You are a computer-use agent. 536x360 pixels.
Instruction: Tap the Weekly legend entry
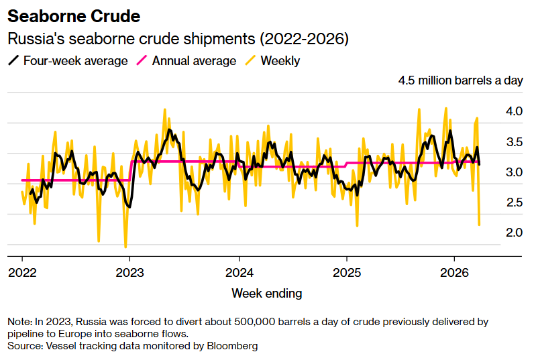tap(280, 61)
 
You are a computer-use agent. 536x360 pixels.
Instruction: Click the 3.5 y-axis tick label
tap(514, 142)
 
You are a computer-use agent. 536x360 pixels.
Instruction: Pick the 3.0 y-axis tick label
tap(514, 172)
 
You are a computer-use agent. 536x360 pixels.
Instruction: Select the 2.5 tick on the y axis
tap(514, 202)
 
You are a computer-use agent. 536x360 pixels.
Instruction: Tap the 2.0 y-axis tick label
tap(514, 233)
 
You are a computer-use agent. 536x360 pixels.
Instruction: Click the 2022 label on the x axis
tap(22, 273)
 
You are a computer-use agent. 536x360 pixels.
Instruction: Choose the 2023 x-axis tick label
tap(130, 273)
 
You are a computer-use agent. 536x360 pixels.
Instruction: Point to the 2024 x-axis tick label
tap(239, 273)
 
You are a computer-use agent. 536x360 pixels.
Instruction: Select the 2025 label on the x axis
tap(347, 273)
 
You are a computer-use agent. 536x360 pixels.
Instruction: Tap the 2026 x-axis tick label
tap(455, 273)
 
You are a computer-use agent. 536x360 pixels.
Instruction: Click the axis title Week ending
tap(267, 294)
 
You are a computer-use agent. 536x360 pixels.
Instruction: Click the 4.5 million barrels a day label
tap(460, 81)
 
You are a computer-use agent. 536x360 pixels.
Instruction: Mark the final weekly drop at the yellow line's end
tap(479, 225)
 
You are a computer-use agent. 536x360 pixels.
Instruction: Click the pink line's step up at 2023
tap(129, 170)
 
